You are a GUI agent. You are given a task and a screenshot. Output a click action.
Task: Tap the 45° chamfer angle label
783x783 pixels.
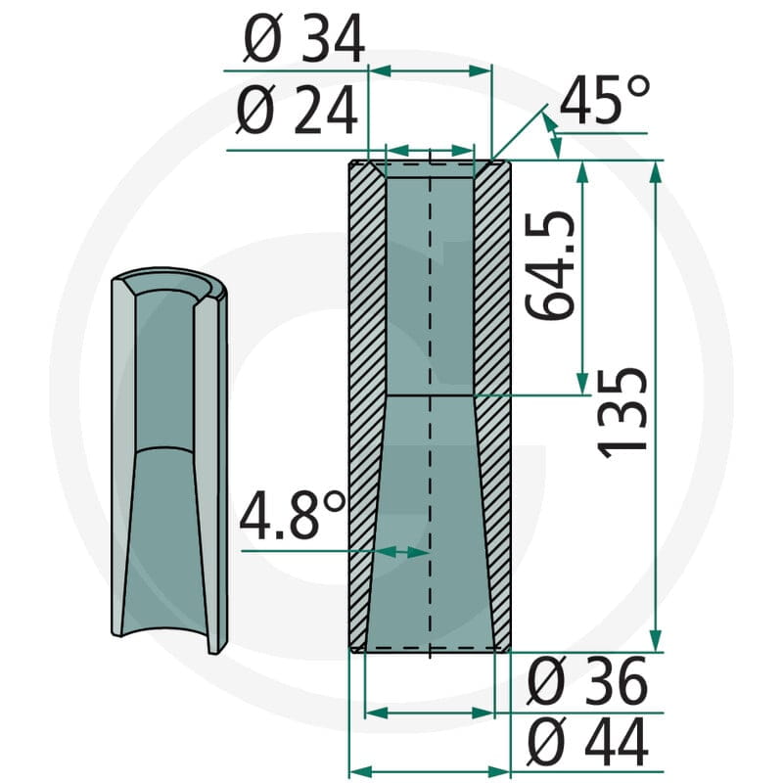pyautogui.click(x=605, y=99)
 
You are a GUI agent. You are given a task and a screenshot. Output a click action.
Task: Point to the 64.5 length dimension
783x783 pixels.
pyautogui.click(x=550, y=265)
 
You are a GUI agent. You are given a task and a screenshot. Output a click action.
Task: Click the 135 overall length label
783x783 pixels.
pyautogui.click(x=622, y=412)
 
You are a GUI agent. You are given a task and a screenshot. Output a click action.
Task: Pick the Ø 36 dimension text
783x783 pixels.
pyautogui.click(x=587, y=680)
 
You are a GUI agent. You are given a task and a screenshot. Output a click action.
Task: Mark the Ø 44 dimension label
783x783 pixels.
pyautogui.click(x=587, y=741)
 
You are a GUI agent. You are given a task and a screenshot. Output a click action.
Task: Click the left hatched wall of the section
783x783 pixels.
pyautogui.click(x=366, y=405)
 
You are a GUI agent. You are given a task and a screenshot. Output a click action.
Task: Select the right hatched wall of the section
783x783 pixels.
pyautogui.click(x=493, y=405)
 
